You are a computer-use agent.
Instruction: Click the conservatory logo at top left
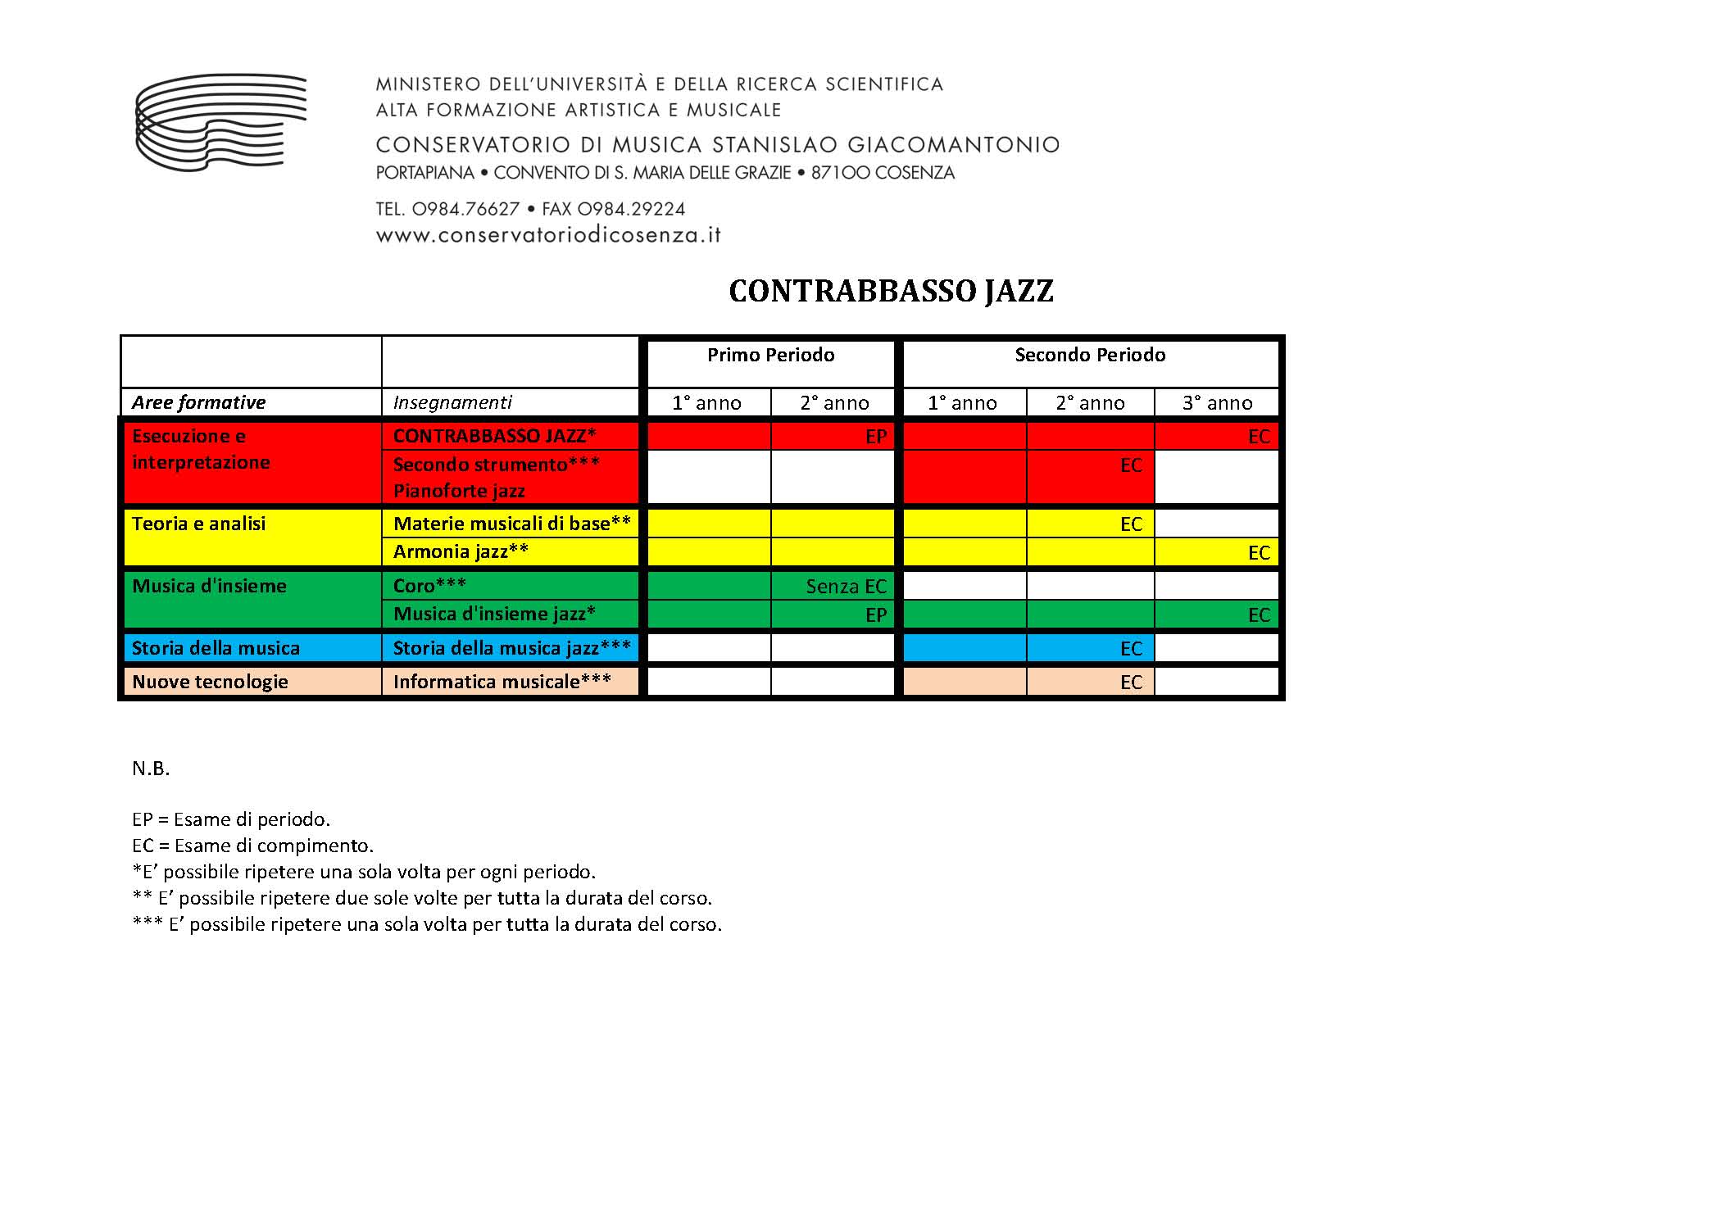[x=220, y=122]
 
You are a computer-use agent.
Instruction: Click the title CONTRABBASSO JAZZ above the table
[x=891, y=292]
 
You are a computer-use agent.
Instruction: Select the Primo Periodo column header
[x=770, y=355]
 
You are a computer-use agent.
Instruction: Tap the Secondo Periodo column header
[x=1089, y=355]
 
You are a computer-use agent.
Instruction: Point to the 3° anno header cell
[x=1217, y=403]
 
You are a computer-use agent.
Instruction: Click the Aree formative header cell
[x=199, y=402]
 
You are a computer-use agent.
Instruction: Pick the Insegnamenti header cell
[x=452, y=402]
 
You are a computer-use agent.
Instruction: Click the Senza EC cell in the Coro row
[x=846, y=586]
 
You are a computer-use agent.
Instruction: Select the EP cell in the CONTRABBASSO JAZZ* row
[x=875, y=437]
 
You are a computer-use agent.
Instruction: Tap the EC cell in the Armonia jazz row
[x=1258, y=553]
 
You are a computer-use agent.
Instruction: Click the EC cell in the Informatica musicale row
[x=1130, y=683]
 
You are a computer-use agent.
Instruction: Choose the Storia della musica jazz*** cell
[x=511, y=648]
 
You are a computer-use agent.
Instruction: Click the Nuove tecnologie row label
[x=210, y=682]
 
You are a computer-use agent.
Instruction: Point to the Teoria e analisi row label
[x=198, y=524]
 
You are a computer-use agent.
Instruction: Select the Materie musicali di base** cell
[x=511, y=524]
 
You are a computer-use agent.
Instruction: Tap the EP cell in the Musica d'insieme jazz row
[x=875, y=615]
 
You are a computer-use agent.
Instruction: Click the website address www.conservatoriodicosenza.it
[x=548, y=235]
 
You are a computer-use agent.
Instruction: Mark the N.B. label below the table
[x=151, y=769]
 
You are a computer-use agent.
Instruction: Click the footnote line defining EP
[x=231, y=819]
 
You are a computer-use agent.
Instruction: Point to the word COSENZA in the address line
[x=915, y=173]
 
